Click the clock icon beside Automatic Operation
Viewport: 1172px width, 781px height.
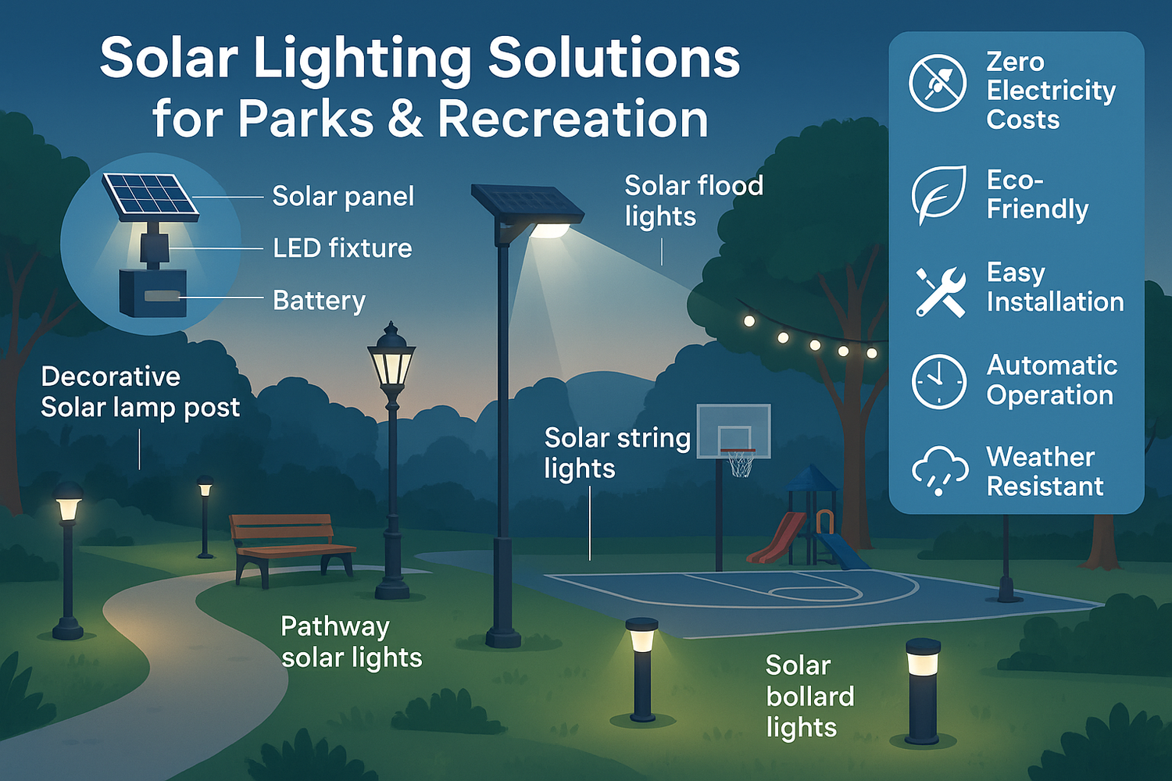(938, 381)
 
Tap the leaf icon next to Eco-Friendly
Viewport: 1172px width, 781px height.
(938, 194)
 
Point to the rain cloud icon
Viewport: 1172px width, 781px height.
(938, 470)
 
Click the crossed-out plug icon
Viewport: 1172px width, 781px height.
(938, 83)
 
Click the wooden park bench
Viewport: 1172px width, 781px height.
(289, 544)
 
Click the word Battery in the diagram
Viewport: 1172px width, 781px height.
(319, 301)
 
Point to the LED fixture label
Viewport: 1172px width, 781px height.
(342, 248)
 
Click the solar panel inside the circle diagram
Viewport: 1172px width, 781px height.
(150, 195)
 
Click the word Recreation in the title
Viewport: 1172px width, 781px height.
(573, 119)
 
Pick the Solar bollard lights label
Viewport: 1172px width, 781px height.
(809, 696)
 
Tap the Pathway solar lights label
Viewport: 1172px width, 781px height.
(351, 642)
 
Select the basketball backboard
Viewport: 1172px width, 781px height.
(733, 430)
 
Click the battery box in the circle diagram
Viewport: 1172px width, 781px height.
(153, 294)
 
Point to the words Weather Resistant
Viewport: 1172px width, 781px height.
(1044, 471)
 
